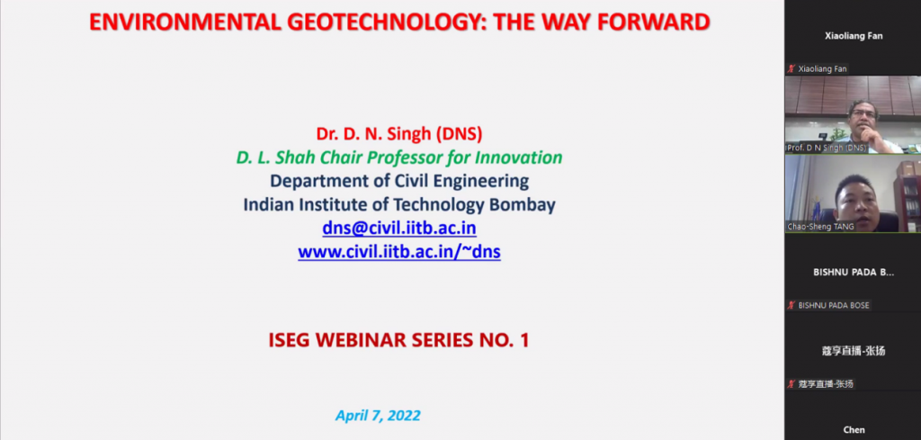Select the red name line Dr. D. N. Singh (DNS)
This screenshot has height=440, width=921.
399,134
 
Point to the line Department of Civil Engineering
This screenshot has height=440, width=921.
399,181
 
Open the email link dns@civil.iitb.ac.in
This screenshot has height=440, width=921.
399,228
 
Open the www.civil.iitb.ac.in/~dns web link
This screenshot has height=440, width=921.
399,251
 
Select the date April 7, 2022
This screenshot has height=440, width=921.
378,416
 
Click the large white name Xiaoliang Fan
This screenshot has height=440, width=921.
854,36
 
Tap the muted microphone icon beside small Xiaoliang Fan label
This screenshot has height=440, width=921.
791,68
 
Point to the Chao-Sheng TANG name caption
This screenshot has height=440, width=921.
820,227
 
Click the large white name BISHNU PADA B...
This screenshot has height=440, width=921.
854,273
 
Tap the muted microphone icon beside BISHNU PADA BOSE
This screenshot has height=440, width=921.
791,305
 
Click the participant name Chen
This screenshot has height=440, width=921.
854,430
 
